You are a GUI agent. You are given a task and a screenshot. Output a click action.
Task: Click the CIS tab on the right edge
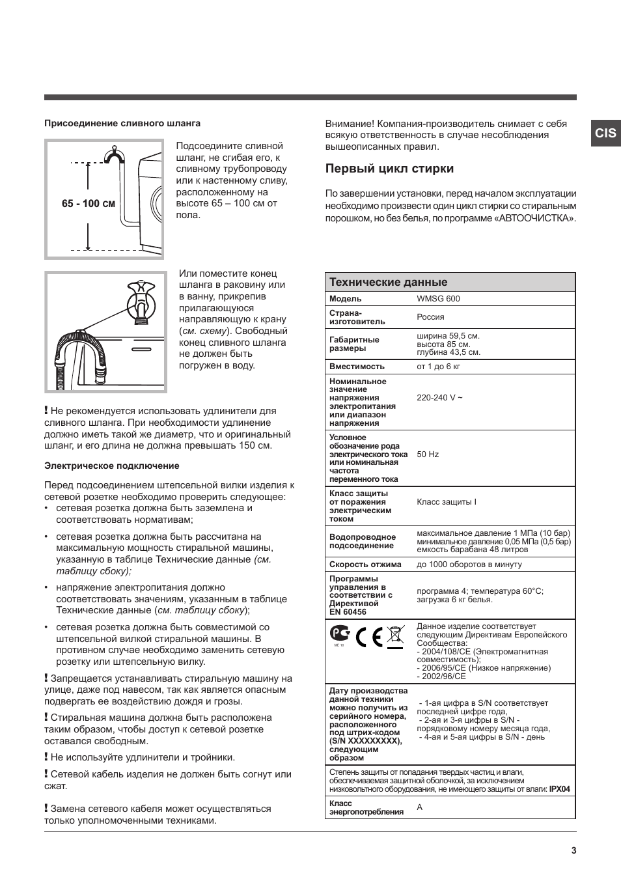[x=605, y=133]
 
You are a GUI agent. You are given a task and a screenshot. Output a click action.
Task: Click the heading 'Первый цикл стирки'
[x=389, y=169]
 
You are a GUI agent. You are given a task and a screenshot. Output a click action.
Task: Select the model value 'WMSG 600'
[x=438, y=299]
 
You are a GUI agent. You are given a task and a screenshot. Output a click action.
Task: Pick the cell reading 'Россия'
[x=430, y=317]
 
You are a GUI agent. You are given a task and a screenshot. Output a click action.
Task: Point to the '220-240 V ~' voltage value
[x=439, y=397]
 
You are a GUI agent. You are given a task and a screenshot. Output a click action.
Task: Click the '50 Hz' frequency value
[x=428, y=454]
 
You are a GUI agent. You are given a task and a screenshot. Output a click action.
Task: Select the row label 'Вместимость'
[x=357, y=367]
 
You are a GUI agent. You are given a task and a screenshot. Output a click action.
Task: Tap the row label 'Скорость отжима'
[x=365, y=565]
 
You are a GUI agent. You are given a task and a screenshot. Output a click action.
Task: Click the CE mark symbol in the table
[x=368, y=635]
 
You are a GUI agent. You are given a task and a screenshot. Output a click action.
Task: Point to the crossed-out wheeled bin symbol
[x=394, y=635]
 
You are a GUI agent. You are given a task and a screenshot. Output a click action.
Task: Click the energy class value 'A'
[x=420, y=807]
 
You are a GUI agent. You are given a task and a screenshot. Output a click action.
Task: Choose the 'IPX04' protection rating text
[x=559, y=789]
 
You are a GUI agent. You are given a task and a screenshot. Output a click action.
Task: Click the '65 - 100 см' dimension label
[x=88, y=204]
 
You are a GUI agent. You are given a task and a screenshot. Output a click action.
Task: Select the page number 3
[x=573, y=850]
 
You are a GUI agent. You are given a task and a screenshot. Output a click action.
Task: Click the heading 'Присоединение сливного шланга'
[x=122, y=123]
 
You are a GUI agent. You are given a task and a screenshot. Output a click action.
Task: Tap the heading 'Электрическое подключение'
[x=111, y=466]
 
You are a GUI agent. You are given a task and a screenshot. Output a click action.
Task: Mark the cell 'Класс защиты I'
[x=447, y=502]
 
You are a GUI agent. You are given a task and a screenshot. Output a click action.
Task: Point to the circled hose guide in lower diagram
[x=141, y=303]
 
